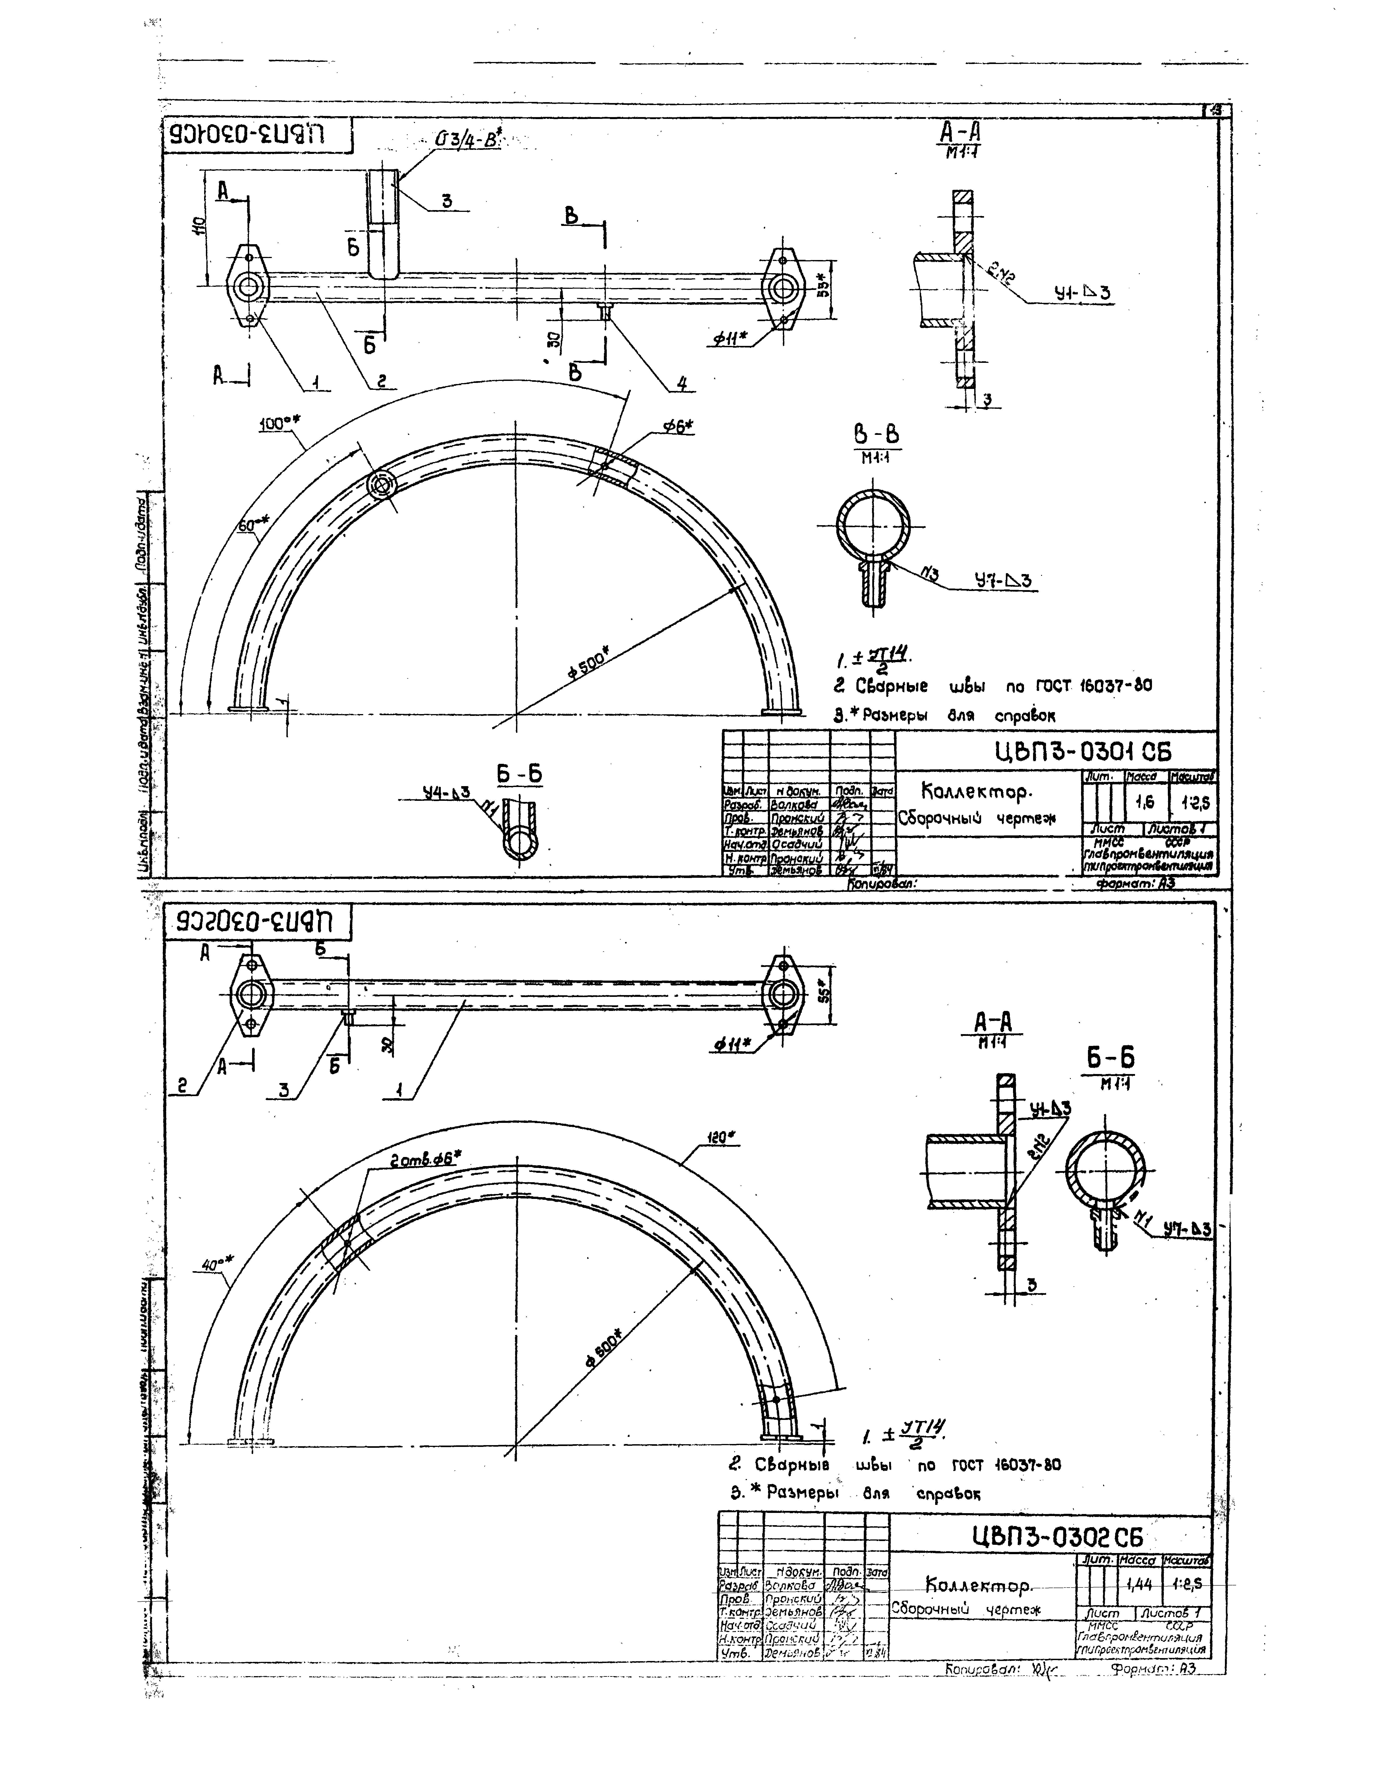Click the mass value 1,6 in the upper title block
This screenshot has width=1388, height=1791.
click(1144, 804)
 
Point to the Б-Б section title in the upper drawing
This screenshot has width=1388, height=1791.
click(519, 773)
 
